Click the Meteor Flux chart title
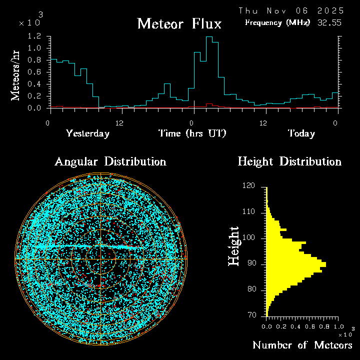179,23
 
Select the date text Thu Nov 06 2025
291,10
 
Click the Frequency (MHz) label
277,22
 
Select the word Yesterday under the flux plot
87,133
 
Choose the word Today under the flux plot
301,133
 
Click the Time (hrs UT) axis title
192,133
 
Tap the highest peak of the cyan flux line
209,37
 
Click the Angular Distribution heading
110,161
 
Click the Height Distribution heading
289,161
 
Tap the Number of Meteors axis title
302,345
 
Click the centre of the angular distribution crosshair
101,259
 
